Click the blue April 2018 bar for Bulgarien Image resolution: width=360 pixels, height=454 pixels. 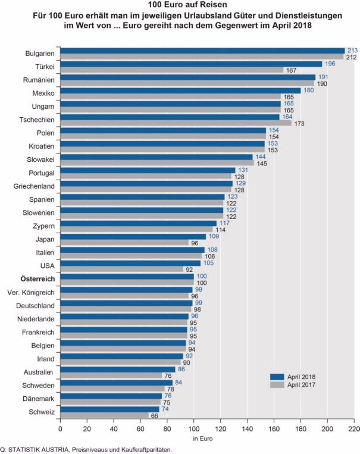click(x=202, y=51)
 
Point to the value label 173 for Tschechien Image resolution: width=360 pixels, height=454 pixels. click(x=299, y=123)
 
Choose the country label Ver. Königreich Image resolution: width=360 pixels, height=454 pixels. click(x=31, y=292)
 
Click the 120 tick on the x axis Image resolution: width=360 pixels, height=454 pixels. click(x=220, y=428)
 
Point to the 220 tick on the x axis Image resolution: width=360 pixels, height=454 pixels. click(x=354, y=428)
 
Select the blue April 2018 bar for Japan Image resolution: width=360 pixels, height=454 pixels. click(x=133, y=236)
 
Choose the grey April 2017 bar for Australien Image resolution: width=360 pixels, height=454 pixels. click(x=111, y=375)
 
